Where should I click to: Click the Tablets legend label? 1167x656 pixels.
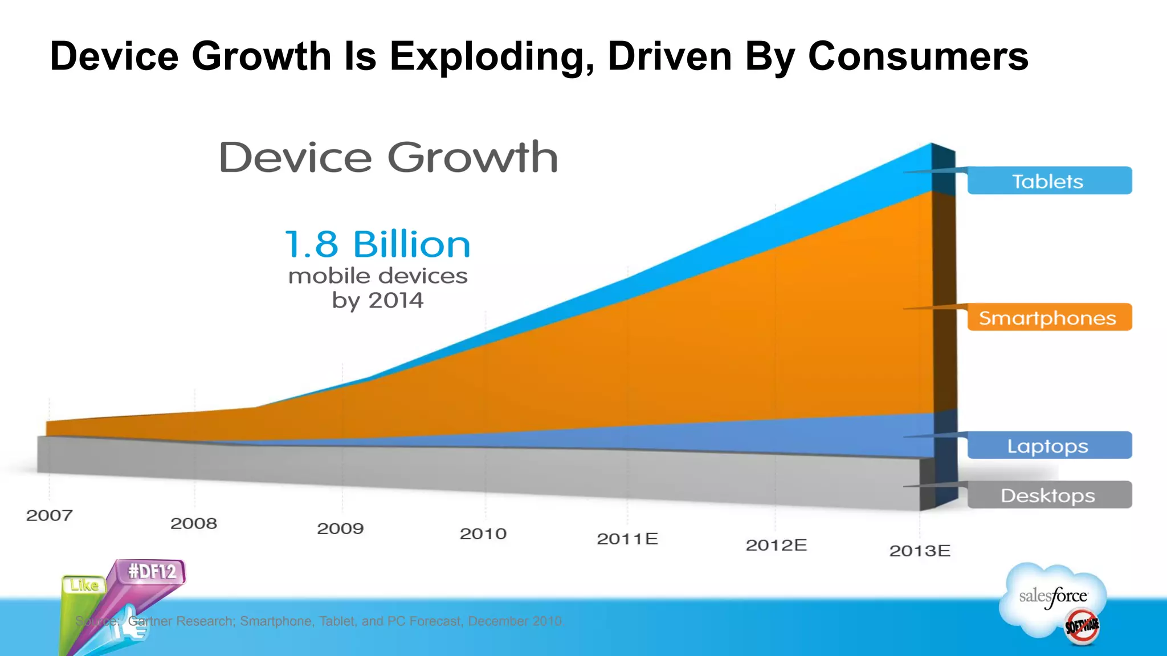pyautogui.click(x=1048, y=181)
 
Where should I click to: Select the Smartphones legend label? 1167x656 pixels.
pyautogui.click(x=1048, y=318)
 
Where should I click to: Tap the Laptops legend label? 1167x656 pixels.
pyautogui.click(x=1048, y=446)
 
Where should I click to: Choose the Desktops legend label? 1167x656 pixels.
pyautogui.click(x=1048, y=495)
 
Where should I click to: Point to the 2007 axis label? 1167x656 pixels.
pyautogui.click(x=50, y=515)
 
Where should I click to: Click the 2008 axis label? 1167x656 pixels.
pyautogui.click(x=194, y=523)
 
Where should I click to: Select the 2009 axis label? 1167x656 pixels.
pyautogui.click(x=340, y=528)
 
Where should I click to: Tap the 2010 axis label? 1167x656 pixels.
pyautogui.click(x=483, y=534)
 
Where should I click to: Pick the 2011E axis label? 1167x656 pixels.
pyautogui.click(x=627, y=539)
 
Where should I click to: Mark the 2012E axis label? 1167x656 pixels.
pyautogui.click(x=776, y=545)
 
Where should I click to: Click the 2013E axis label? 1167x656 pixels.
pyautogui.click(x=920, y=551)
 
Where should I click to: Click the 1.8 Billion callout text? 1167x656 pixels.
pyautogui.click(x=377, y=245)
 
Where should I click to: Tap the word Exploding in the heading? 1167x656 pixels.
pyautogui.click(x=492, y=57)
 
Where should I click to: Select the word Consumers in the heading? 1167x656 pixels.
pyautogui.click(x=918, y=57)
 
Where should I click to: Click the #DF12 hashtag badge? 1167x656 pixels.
pyautogui.click(x=152, y=571)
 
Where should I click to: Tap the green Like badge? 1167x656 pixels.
pyautogui.click(x=84, y=585)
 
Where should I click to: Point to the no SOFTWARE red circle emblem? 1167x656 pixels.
pyautogui.click(x=1082, y=626)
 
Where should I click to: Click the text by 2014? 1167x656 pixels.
pyautogui.click(x=377, y=300)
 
